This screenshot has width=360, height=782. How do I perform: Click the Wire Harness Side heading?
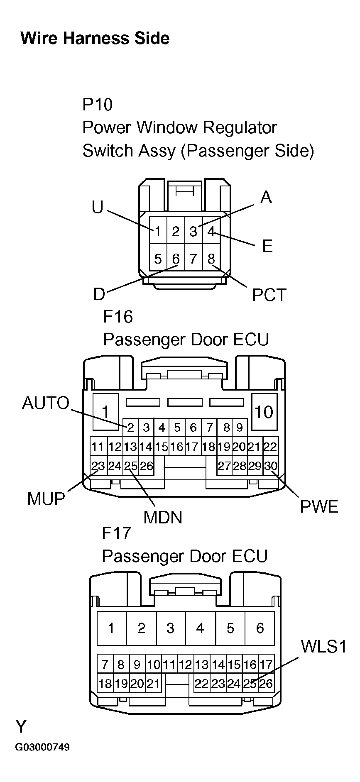pyautogui.click(x=95, y=39)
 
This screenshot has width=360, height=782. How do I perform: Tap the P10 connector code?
pyautogui.click(x=97, y=105)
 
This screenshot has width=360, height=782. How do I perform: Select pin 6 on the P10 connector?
pyautogui.click(x=176, y=259)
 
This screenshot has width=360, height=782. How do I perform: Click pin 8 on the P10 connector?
pyautogui.click(x=211, y=259)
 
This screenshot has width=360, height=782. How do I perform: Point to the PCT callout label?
pyautogui.click(x=269, y=295)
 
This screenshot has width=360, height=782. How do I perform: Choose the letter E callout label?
pyautogui.click(x=267, y=246)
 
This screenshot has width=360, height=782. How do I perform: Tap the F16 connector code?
pyautogui.click(x=118, y=317)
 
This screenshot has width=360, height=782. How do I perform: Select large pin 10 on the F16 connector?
pyautogui.click(x=264, y=412)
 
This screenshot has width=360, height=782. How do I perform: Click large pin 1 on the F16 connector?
pyautogui.click(x=105, y=412)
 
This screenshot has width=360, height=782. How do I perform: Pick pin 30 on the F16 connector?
pyautogui.click(x=271, y=466)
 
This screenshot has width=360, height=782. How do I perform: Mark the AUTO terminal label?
pyautogui.click(x=46, y=403)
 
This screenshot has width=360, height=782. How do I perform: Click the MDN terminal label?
pyautogui.click(x=163, y=517)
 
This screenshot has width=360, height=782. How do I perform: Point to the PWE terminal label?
pyautogui.click(x=319, y=506)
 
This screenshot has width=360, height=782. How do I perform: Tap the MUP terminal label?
pyautogui.click(x=46, y=499)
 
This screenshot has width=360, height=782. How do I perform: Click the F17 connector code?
pyautogui.click(x=116, y=533)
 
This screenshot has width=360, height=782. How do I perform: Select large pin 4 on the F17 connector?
pyautogui.click(x=200, y=628)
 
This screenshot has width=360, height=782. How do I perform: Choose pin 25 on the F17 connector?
pyautogui.click(x=250, y=683)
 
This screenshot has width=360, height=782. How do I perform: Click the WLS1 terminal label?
pyautogui.click(x=323, y=646)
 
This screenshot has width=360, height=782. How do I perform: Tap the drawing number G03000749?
pyautogui.click(x=42, y=748)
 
